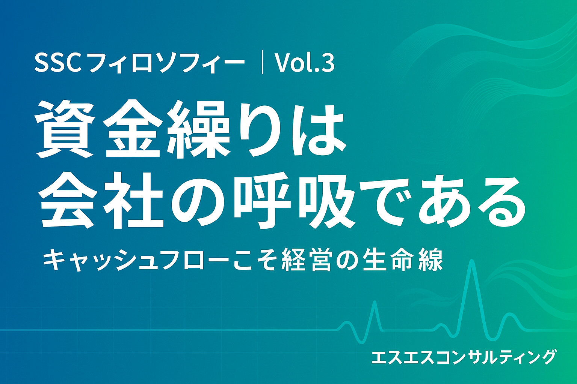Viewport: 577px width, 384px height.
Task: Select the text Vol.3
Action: tap(305, 63)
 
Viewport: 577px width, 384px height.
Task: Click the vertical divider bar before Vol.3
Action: tap(262, 64)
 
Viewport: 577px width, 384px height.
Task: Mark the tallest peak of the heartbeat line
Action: tap(471, 262)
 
